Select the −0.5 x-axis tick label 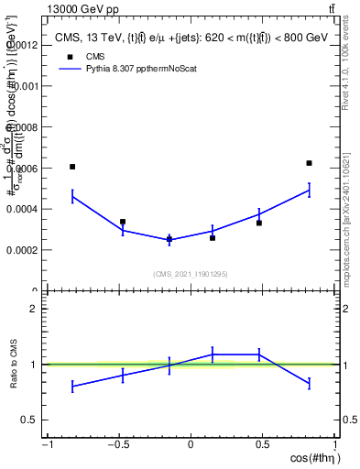click(117, 445)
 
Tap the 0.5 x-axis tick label click(262, 445)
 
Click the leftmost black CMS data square click(72, 167)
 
